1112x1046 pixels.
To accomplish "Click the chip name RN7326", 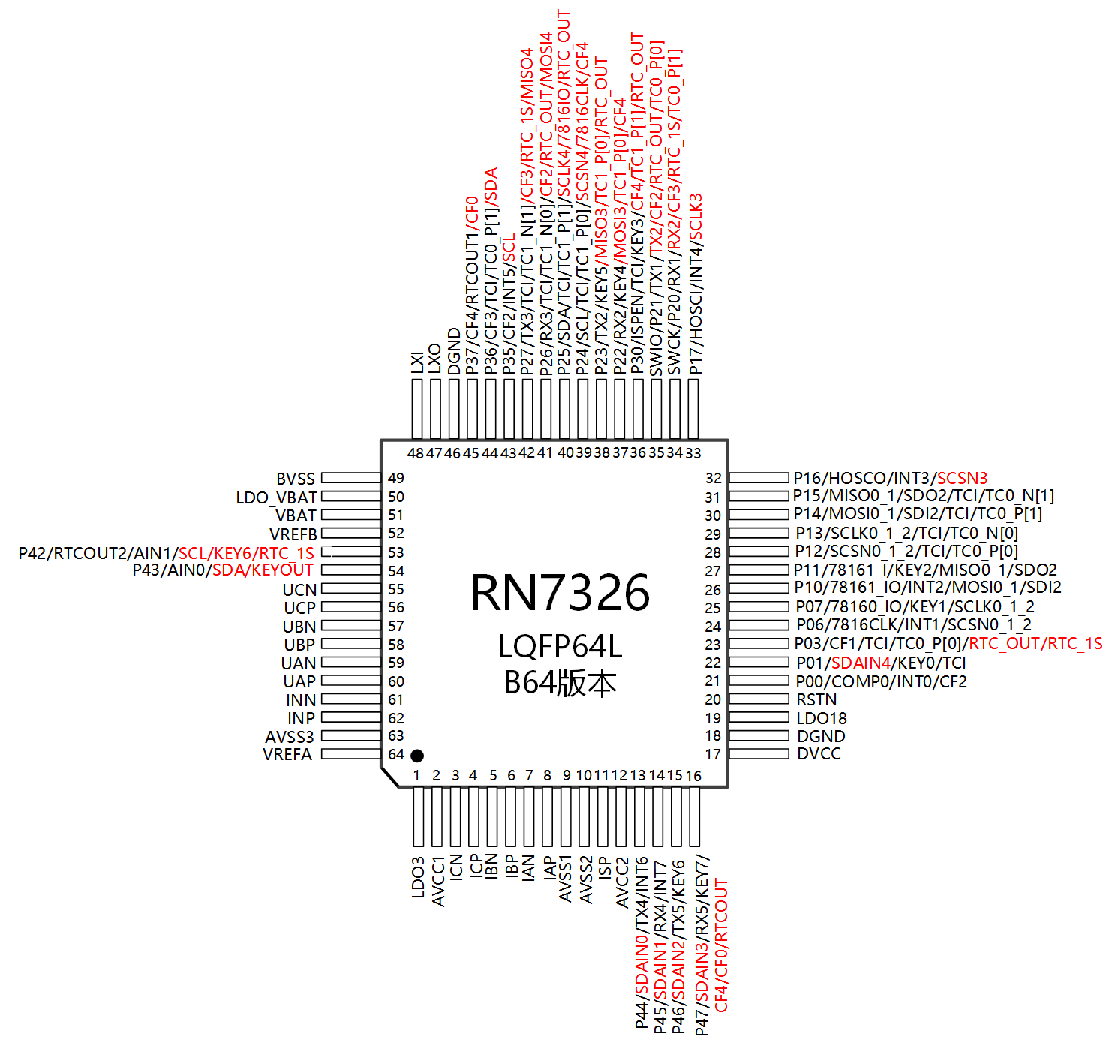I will tap(560, 593).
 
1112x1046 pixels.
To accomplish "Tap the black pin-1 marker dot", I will tap(417, 756).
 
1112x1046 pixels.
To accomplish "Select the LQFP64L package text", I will tap(560, 646).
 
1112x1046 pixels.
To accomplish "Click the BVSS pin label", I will tap(296, 479).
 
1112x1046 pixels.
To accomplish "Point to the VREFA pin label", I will tap(287, 754).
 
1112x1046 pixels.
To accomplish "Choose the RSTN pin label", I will tap(816, 699).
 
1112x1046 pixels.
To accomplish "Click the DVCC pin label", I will tap(819, 754).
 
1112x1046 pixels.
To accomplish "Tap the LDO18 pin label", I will tap(821, 718).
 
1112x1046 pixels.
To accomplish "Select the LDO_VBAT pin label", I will tap(277, 497).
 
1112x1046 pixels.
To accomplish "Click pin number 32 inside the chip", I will tap(713, 478).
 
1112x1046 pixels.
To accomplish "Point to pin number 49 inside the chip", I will tap(396, 478).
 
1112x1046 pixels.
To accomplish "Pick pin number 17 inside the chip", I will tap(713, 754).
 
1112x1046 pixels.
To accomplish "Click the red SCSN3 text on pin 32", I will tap(962, 478).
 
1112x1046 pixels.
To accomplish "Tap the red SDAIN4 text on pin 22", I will tap(861, 663).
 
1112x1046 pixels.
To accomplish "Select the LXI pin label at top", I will tap(417, 362).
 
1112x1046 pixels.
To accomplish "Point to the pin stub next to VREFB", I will tap(351, 534).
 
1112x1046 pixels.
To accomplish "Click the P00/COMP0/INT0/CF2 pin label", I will tap(881, 681).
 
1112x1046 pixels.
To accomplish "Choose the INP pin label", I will tap(301, 718).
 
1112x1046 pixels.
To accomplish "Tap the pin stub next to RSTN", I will tap(759, 699).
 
